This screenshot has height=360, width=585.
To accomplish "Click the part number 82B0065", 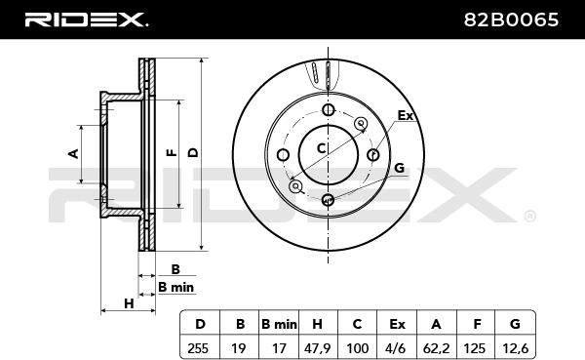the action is [511, 20].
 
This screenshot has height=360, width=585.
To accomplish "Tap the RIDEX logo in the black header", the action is [86, 20].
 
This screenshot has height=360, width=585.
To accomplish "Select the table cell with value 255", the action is [200, 348].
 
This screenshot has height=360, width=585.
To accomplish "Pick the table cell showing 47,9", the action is [317, 348].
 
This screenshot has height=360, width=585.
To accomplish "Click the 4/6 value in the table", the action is [397, 348].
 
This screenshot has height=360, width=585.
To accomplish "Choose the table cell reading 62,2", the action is [437, 348].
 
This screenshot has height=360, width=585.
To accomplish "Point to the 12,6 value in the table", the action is [515, 348].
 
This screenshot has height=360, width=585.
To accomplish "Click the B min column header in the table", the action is [279, 324].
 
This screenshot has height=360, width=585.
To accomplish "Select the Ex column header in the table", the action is [397, 324].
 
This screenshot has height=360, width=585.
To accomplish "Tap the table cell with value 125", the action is [476, 348].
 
